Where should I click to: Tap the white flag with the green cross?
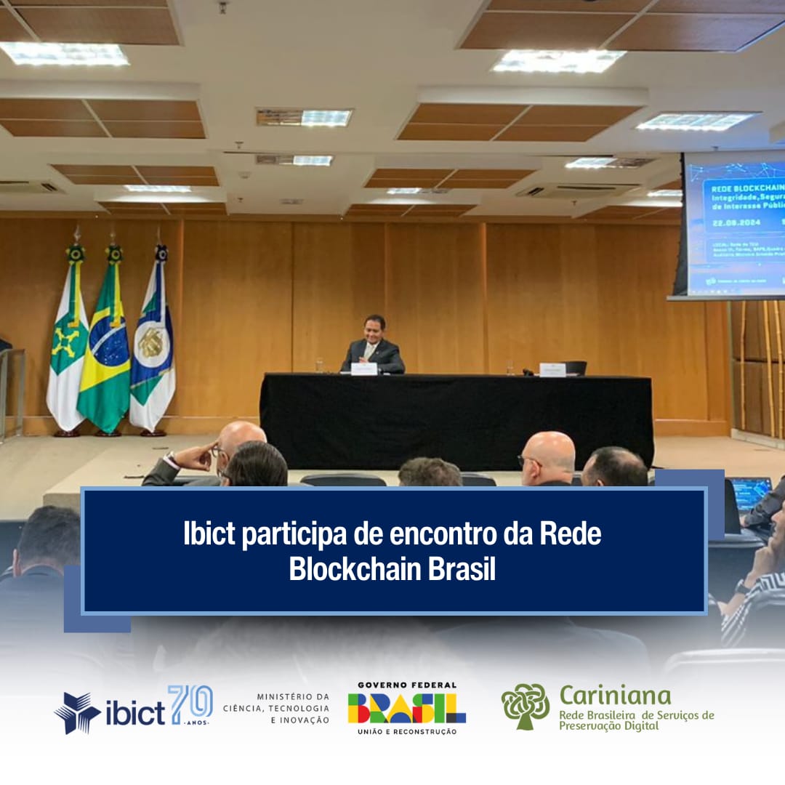67,349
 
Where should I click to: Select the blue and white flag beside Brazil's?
153,349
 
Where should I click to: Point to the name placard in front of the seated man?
364,369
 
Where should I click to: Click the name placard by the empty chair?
552,369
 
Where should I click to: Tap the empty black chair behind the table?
575,368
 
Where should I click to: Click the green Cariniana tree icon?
525,706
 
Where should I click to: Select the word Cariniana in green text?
615,696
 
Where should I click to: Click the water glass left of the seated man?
320,364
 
